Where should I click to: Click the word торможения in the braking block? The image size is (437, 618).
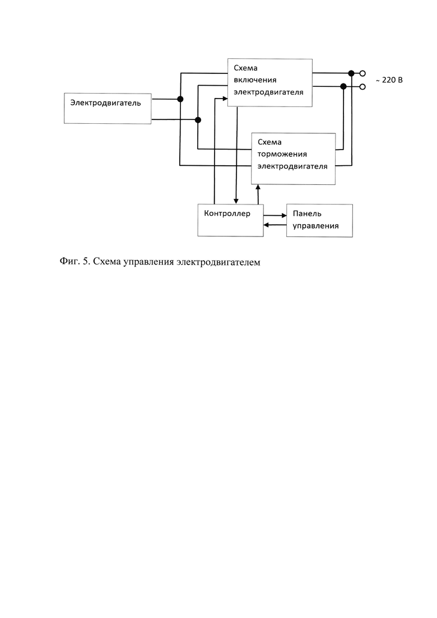(x=282, y=154)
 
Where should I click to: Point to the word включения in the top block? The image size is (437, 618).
(x=255, y=80)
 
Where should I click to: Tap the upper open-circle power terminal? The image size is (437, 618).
(x=362, y=73)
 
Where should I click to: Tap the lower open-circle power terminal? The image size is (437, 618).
(x=362, y=86)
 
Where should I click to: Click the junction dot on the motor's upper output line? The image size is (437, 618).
(x=180, y=99)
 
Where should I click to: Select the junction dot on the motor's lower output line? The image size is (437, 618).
(x=198, y=120)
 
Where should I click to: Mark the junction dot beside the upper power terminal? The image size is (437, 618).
(x=351, y=73)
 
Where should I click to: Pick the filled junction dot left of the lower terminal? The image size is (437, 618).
(x=343, y=86)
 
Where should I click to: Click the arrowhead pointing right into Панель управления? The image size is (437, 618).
(x=284, y=216)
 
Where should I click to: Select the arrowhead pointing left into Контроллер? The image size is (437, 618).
(x=266, y=225)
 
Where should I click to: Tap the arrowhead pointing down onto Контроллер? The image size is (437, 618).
(x=236, y=201)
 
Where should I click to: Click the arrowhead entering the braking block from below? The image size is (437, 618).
(x=258, y=187)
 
